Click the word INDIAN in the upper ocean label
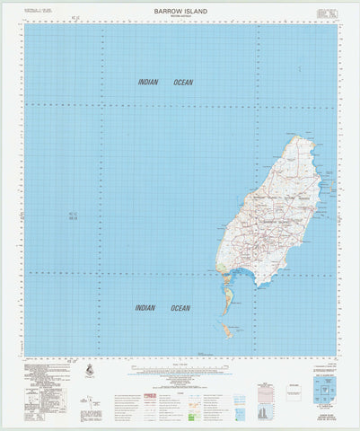(148, 83)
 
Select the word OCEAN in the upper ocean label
(181, 83)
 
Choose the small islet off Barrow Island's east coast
(332, 187)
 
